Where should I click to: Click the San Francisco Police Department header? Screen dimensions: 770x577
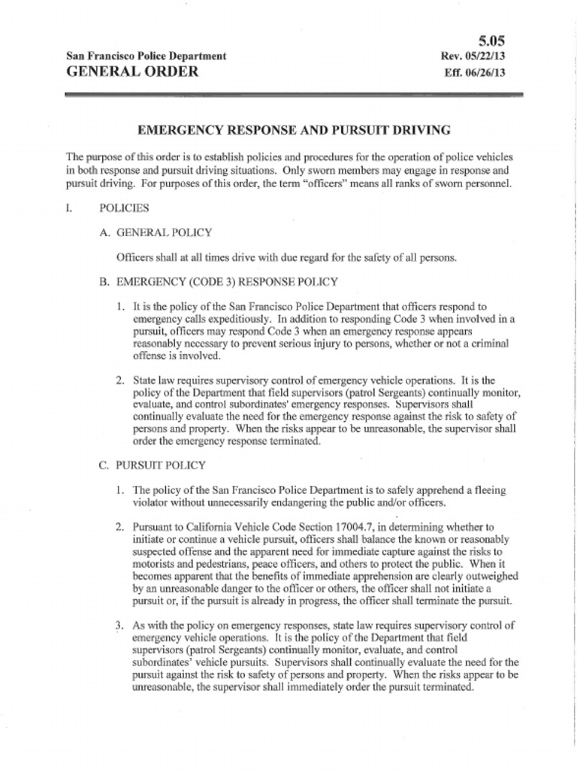tap(147, 56)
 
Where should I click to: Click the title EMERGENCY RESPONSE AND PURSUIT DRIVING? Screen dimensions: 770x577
tap(294, 130)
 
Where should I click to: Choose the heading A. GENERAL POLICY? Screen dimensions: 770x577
tap(156, 232)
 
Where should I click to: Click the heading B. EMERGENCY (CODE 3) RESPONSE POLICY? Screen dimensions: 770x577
tap(218, 282)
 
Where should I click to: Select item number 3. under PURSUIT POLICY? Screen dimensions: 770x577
tap(119, 626)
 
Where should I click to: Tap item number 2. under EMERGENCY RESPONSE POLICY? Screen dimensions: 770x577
tap(119, 380)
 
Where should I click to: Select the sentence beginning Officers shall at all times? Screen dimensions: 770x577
tap(286, 258)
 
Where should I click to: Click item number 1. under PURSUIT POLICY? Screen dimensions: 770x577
tap(119, 490)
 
